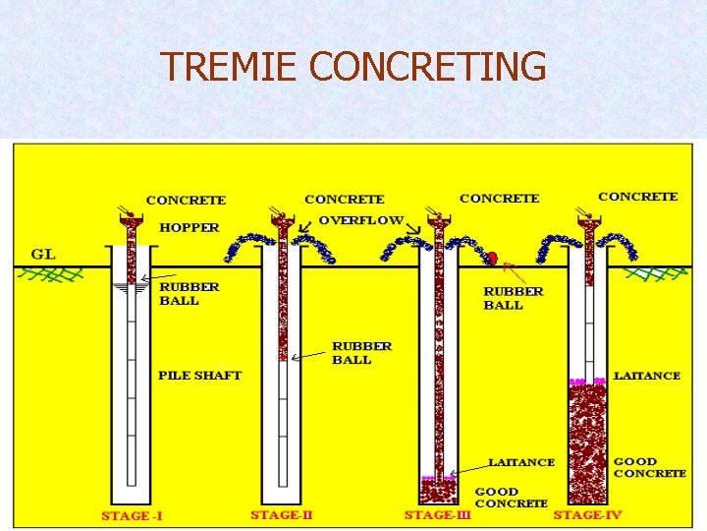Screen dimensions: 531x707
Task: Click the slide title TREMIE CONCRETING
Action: (x=353, y=67)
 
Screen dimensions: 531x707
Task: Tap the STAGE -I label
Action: (x=133, y=516)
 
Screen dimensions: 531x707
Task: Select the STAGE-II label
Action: (x=281, y=514)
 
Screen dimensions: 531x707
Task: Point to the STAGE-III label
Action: (x=438, y=514)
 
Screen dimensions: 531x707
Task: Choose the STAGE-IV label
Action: (x=586, y=514)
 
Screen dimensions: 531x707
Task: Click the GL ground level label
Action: (x=43, y=254)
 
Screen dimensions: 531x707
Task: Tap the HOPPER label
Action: (x=190, y=227)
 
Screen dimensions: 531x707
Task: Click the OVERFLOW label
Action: (x=360, y=220)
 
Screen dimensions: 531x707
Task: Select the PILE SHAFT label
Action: (x=199, y=376)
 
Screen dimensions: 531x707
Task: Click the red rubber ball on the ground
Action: (x=493, y=258)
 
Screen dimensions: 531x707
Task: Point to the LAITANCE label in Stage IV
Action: (x=646, y=376)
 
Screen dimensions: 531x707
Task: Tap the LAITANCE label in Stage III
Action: (x=521, y=462)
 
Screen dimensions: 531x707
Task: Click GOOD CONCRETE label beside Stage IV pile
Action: (x=649, y=467)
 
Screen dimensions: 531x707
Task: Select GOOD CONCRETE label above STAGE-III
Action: (x=511, y=498)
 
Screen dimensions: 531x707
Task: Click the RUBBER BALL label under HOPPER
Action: (x=190, y=294)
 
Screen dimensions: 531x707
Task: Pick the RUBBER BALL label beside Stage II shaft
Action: (x=361, y=353)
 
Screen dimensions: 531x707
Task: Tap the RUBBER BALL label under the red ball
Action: (x=513, y=298)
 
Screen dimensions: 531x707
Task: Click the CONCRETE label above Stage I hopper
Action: (x=186, y=201)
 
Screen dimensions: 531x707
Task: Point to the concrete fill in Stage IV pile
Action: (x=588, y=442)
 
